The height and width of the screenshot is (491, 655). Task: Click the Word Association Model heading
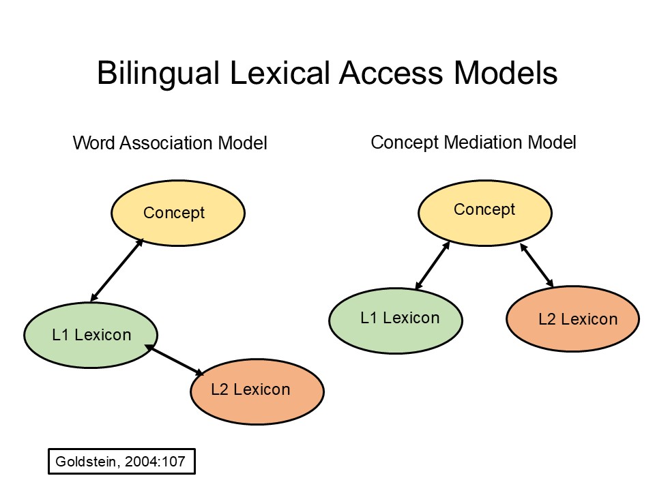170,143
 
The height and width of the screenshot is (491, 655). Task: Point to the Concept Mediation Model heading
474,142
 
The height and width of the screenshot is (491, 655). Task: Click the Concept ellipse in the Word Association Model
177,213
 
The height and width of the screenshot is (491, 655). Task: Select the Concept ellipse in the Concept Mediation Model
484,210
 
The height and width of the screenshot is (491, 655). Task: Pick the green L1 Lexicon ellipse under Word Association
91,335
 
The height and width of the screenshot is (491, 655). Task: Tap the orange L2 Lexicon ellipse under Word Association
257,390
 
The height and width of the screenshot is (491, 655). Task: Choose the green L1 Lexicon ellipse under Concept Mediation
396,318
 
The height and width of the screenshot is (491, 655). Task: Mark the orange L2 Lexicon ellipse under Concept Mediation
573,318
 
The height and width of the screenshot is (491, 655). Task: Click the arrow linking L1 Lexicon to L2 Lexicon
174,361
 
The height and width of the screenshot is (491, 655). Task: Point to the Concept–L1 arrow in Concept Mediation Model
432,265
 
